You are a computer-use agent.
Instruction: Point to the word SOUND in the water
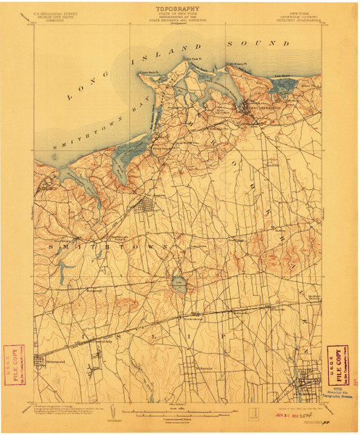click(x=251, y=43)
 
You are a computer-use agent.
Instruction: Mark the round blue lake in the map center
click(x=178, y=283)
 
